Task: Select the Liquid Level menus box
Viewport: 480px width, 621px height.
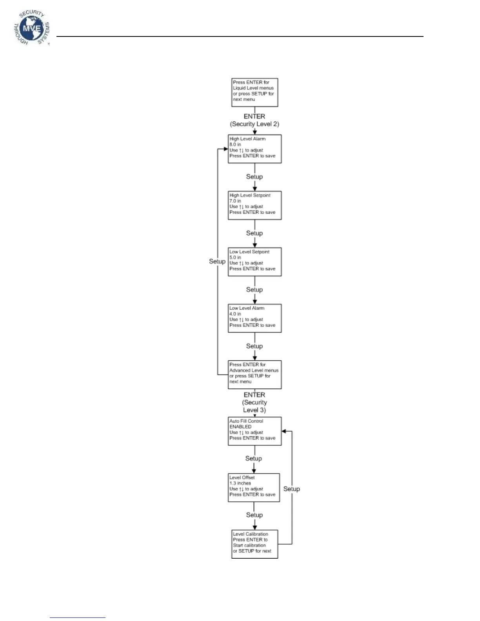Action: point(255,93)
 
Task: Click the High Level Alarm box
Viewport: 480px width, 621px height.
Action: point(255,149)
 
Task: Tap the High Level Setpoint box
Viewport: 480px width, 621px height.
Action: point(255,205)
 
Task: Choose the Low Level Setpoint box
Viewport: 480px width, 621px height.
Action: point(255,262)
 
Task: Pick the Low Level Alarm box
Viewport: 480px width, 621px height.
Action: point(255,318)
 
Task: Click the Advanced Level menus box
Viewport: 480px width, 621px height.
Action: point(255,375)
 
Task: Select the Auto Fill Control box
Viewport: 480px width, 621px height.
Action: point(255,431)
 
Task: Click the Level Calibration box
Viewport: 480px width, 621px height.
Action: point(255,544)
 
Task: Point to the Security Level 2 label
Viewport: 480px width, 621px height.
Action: point(255,124)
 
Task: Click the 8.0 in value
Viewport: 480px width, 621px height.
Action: point(235,145)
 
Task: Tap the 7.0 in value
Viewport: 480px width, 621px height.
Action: point(235,201)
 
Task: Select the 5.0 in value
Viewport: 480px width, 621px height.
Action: point(235,258)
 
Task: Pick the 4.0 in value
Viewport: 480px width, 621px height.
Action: point(235,314)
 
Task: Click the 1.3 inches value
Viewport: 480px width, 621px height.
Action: point(240,483)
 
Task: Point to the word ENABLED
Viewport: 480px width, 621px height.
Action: point(240,427)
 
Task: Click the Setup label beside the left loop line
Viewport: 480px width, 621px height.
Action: point(217,261)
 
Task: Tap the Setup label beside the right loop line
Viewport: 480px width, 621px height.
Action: point(292,489)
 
